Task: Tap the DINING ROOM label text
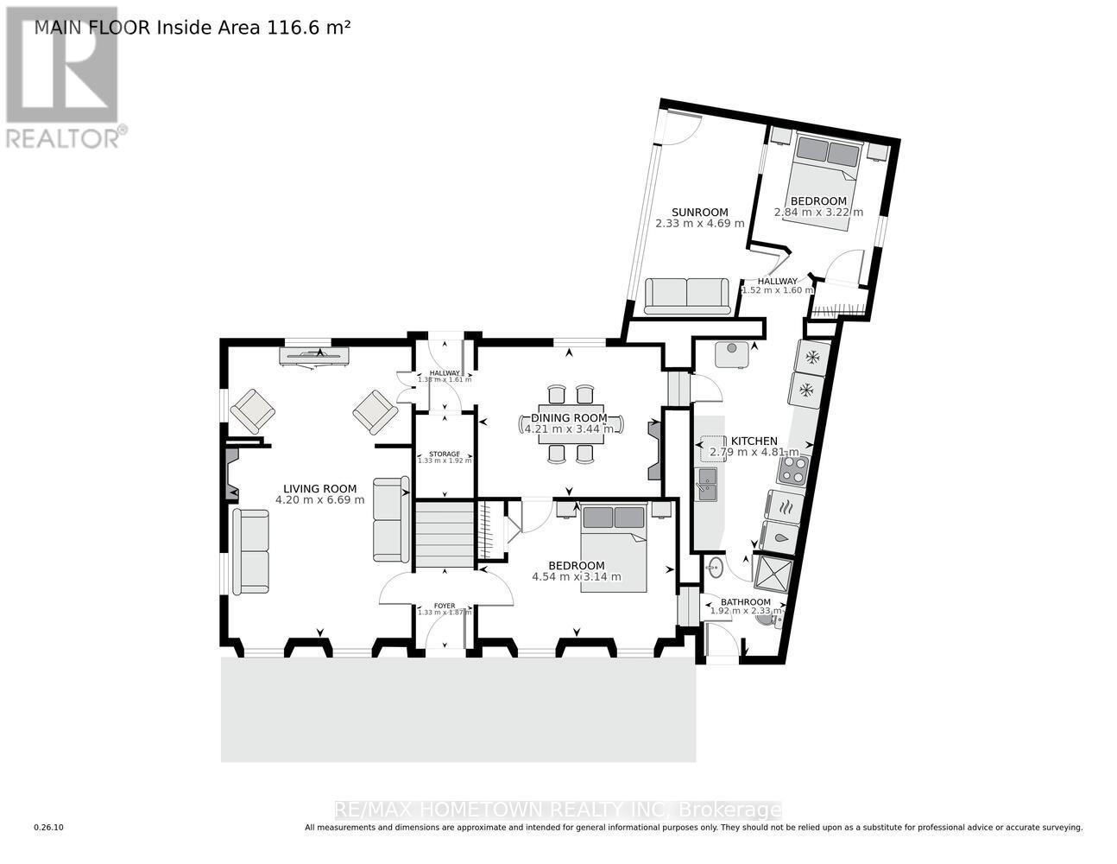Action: [569, 418]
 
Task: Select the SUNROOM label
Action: [699, 212]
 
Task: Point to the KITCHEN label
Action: [754, 441]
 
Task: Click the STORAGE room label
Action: [445, 454]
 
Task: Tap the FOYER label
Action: [445, 606]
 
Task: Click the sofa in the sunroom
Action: [687, 295]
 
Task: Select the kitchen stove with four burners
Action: [792, 470]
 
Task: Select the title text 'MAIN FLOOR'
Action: [92, 28]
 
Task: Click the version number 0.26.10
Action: [48, 828]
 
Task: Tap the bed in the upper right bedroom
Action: [826, 181]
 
